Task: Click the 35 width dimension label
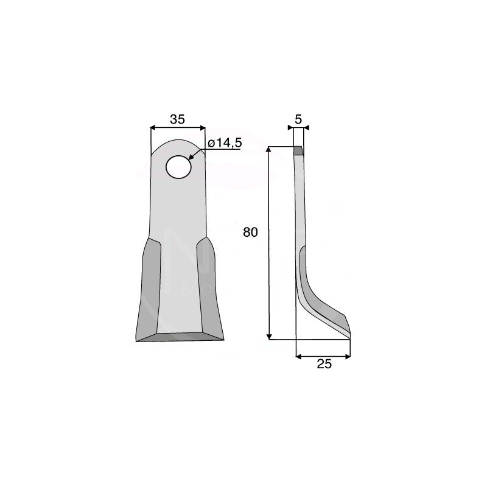(177, 119)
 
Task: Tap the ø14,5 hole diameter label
(225, 143)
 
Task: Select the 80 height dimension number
(250, 233)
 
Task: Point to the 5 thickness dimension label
(298, 119)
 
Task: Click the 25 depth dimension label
(324, 364)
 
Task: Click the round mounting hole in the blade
(178, 167)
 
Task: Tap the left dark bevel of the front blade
(149, 289)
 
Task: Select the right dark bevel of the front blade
(209, 287)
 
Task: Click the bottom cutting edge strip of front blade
(180, 337)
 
